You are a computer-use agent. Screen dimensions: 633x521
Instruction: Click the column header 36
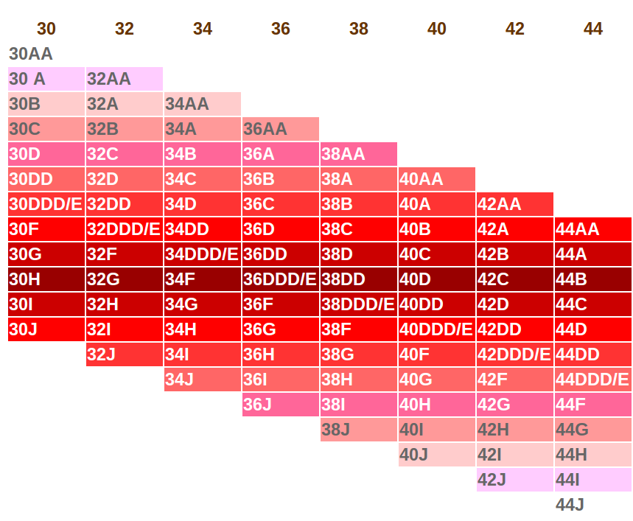[281, 29]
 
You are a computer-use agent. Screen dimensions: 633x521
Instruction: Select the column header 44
[593, 29]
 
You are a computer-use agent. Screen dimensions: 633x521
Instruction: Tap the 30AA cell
[46, 54]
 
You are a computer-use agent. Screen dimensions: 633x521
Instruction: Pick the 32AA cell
[125, 79]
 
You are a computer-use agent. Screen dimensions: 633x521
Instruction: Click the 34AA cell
[203, 104]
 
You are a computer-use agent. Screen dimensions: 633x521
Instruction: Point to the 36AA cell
[281, 129]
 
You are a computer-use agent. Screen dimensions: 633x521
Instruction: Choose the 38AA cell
[359, 154]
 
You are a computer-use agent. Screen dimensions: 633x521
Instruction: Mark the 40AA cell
[437, 179]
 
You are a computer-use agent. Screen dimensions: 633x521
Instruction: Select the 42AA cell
[515, 204]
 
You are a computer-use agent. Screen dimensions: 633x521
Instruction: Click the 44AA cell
[593, 229]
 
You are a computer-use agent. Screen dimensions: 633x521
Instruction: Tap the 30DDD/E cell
[46, 204]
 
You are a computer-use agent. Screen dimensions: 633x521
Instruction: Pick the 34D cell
[203, 204]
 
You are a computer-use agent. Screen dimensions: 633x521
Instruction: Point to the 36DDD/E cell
[281, 279]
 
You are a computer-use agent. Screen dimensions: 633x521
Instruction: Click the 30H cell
[46, 279]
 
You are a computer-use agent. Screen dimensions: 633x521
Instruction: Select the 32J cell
[125, 354]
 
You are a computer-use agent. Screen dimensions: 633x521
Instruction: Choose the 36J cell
[281, 405]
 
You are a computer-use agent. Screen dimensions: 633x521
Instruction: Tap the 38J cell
[359, 430]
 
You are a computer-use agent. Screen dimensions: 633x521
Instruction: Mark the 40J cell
[437, 455]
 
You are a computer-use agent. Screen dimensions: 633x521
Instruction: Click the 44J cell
[593, 505]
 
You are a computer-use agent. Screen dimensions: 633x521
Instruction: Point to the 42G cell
[515, 405]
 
